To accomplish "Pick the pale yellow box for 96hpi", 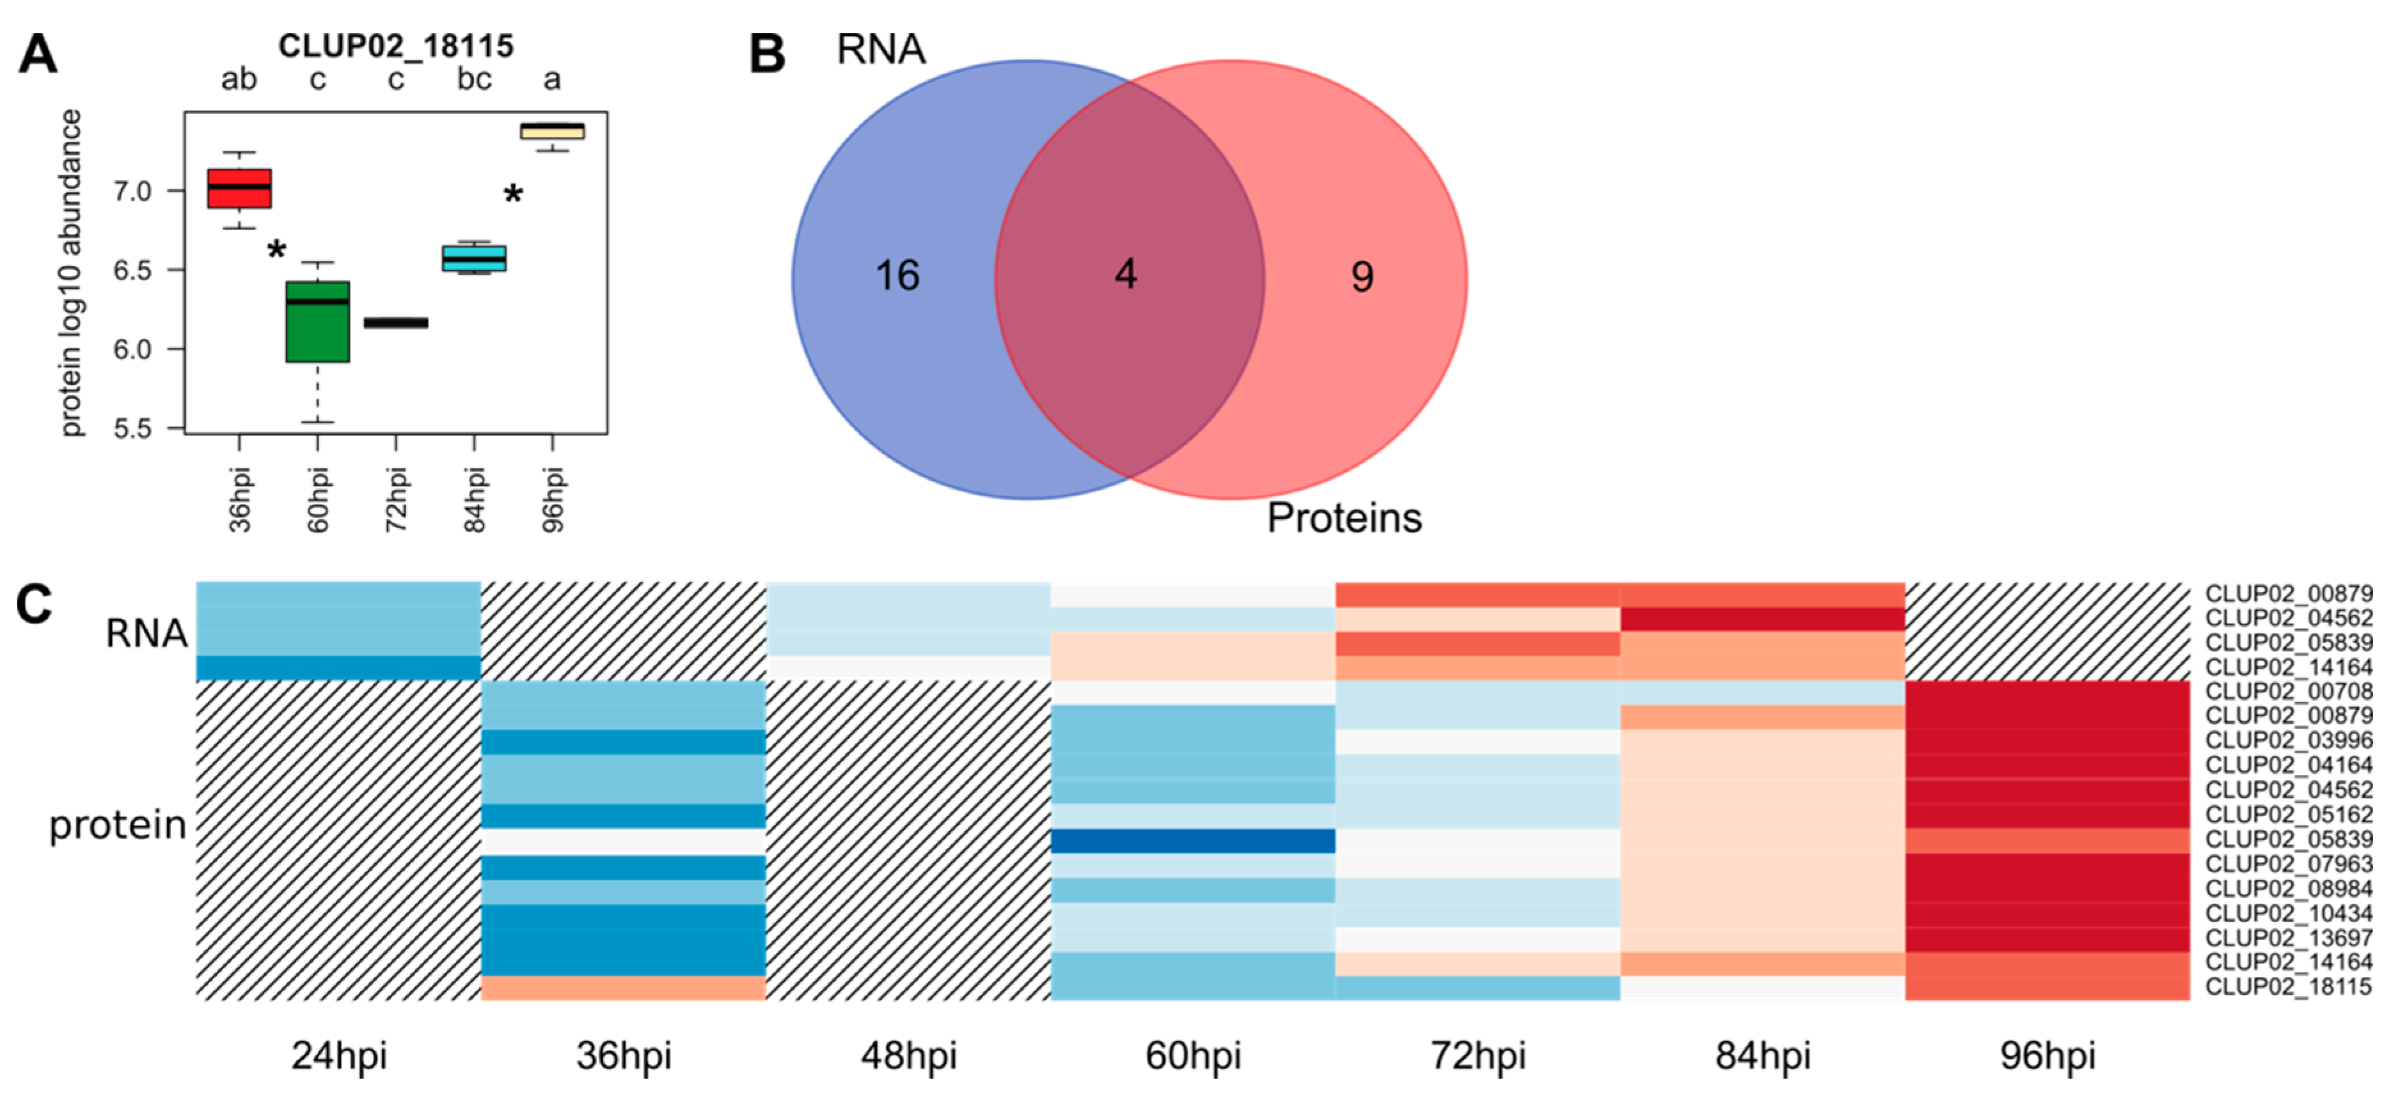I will [x=552, y=131].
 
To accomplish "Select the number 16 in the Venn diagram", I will [x=897, y=276].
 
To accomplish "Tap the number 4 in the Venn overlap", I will [x=1126, y=274].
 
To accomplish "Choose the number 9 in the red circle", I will [x=1362, y=276].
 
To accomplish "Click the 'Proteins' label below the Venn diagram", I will [x=1344, y=518].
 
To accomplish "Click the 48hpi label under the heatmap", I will [x=909, y=1056].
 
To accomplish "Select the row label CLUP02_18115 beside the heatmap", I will [x=2288, y=987].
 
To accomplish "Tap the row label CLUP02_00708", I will [x=2288, y=691].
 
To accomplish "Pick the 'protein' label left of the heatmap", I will [x=118, y=825].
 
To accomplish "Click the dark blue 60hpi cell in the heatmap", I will [x=1193, y=841].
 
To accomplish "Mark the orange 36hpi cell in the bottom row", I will [x=624, y=987].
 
